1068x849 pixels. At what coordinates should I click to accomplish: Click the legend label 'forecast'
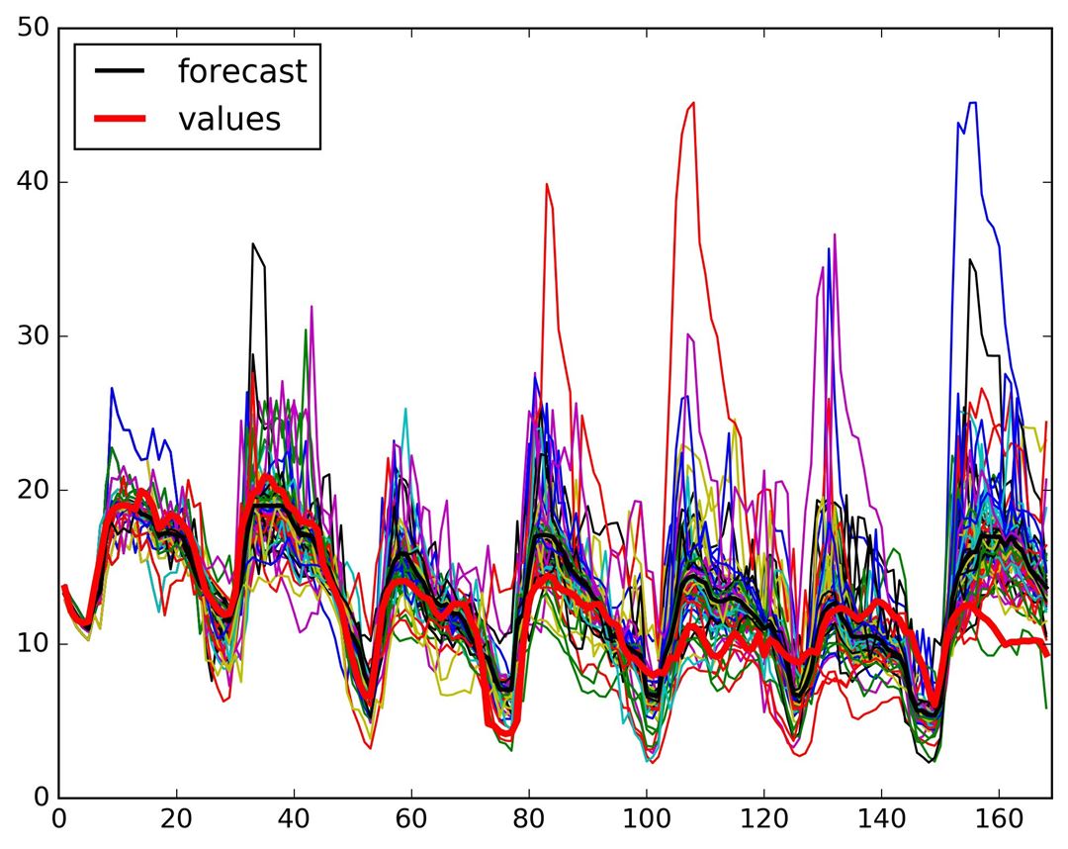(241, 71)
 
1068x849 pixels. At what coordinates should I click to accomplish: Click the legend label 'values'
(229, 119)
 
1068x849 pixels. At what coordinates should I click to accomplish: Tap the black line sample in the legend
(120, 71)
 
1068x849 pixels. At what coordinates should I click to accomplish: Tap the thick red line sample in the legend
(120, 119)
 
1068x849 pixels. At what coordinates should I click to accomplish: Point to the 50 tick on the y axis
(34, 28)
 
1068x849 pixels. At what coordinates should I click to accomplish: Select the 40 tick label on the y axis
(34, 182)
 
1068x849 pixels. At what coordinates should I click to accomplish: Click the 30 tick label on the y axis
(34, 336)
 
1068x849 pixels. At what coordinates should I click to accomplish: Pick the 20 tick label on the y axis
(34, 490)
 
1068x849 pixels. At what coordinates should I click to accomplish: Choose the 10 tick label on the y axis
(34, 644)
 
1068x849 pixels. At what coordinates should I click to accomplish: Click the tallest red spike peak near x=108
(693, 102)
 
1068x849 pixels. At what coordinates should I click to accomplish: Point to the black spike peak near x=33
(253, 243)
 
